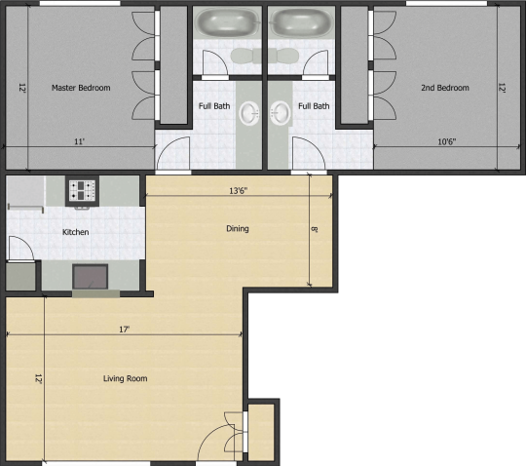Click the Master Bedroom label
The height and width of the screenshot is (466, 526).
pyautogui.click(x=81, y=88)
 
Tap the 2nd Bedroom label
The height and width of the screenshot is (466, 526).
pyautogui.click(x=445, y=88)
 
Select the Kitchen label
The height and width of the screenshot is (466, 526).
pyautogui.click(x=75, y=232)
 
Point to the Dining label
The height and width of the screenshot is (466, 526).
pyautogui.click(x=238, y=229)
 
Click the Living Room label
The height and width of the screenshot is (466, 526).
pyautogui.click(x=125, y=378)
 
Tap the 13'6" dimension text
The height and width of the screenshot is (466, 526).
pyautogui.click(x=239, y=191)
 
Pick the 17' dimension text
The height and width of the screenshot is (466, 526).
pyautogui.click(x=124, y=330)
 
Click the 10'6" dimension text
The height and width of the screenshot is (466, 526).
pyautogui.click(x=447, y=141)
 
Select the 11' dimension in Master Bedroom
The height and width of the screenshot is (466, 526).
pyautogui.click(x=79, y=141)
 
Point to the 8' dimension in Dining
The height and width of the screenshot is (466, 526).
pyautogui.click(x=315, y=229)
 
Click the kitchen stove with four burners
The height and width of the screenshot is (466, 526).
pyautogui.click(x=82, y=190)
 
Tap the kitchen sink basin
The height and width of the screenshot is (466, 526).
pyautogui.click(x=91, y=277)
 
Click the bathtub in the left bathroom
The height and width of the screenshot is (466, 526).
pyautogui.click(x=227, y=22)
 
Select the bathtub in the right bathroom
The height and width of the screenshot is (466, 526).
pyautogui.click(x=301, y=22)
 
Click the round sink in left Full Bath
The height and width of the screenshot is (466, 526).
pyautogui.click(x=249, y=113)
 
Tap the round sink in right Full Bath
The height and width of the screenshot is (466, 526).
pyautogui.click(x=281, y=113)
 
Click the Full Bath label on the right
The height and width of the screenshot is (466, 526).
pyautogui.click(x=314, y=106)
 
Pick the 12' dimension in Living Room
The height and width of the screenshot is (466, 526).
pyautogui.click(x=39, y=378)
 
